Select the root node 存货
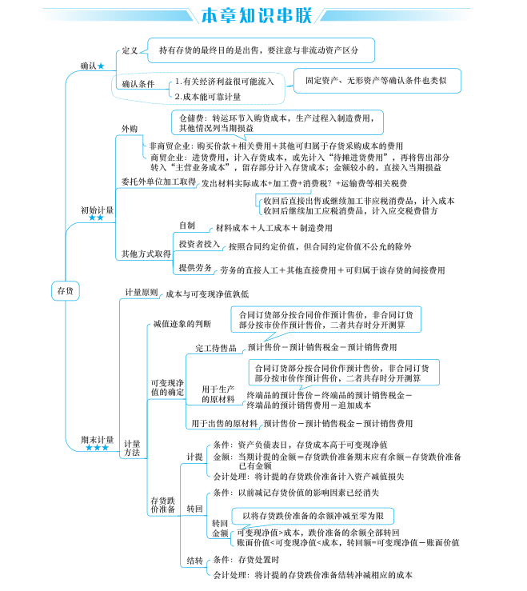coord(65,291)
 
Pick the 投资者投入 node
coord(198,243)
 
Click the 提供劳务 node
coord(195,267)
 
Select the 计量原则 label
coord(142,292)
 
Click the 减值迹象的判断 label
coord(182,324)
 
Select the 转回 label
coord(194,508)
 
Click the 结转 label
coord(194,560)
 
